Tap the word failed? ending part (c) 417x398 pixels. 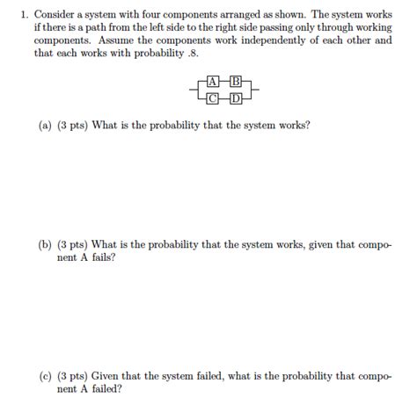point(106,388)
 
